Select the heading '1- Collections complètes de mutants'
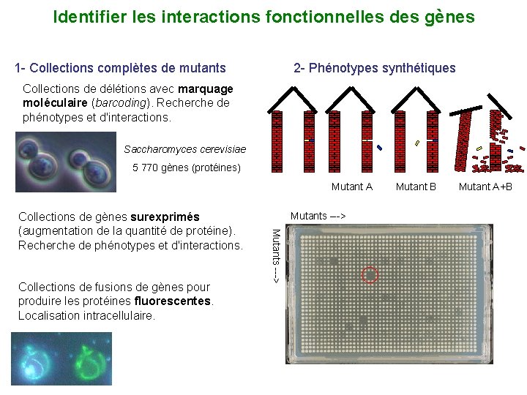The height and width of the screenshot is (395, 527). (x=121, y=68)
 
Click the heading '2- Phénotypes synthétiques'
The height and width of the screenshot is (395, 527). (x=374, y=68)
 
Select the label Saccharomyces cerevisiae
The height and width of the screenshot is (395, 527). (x=184, y=149)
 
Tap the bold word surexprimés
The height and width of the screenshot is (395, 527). (x=165, y=217)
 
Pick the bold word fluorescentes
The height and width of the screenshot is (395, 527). (x=173, y=301)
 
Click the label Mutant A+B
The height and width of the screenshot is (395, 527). (x=485, y=187)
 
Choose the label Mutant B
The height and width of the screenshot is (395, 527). (x=416, y=187)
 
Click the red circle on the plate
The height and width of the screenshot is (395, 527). (x=370, y=275)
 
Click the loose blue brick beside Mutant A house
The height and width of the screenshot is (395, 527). (x=379, y=148)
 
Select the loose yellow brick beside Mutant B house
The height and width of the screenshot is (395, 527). (x=416, y=143)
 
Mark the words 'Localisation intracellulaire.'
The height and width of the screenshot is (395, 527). (x=86, y=315)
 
